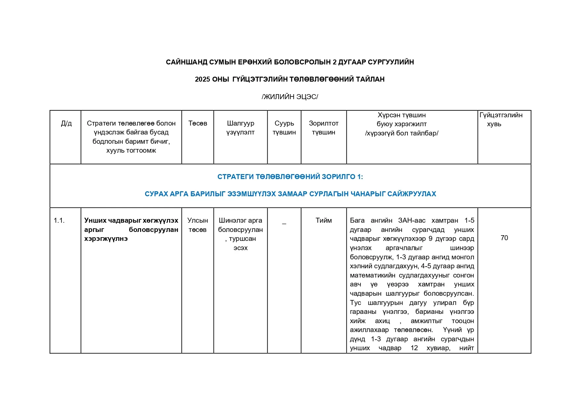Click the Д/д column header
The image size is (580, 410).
tap(66, 124)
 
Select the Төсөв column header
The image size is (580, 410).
tap(198, 124)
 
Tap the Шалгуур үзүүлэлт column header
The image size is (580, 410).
tap(240, 128)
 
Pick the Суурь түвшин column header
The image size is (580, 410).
tap(284, 128)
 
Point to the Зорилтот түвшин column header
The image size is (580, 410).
tap(324, 128)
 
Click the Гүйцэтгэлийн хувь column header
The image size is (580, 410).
tap(501, 120)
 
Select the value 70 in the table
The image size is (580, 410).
tap(504, 238)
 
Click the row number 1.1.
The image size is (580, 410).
tap(59, 220)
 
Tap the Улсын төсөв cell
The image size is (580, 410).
tap(198, 225)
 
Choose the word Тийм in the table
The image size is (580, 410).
tap(324, 220)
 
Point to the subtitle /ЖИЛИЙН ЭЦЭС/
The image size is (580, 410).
tap(290, 97)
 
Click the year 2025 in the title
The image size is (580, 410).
tap(202, 79)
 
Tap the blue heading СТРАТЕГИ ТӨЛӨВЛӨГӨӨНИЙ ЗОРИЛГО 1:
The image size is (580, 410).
tap(290, 177)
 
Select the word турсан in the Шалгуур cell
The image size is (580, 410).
tap(242, 239)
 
